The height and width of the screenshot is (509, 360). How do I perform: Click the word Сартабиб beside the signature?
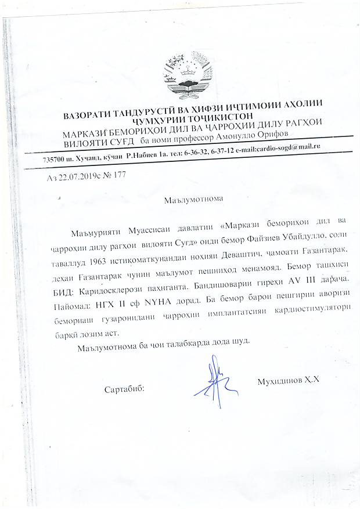coord(124,387)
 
